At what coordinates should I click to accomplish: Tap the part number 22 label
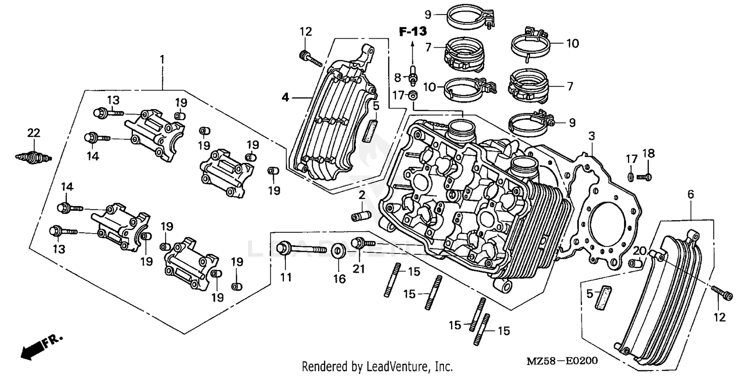pos(33,133)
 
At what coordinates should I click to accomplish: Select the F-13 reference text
pos(413,32)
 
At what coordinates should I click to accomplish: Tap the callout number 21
pos(358,269)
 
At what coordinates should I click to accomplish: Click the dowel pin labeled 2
pos(360,216)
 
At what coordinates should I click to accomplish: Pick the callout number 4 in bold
pos(285,98)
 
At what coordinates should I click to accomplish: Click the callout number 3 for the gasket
pos(592,136)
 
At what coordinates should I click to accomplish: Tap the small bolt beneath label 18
pos(644,176)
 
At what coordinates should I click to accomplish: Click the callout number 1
pos(162,59)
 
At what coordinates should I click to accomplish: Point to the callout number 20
pos(639,251)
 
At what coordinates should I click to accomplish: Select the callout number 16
pos(340,278)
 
